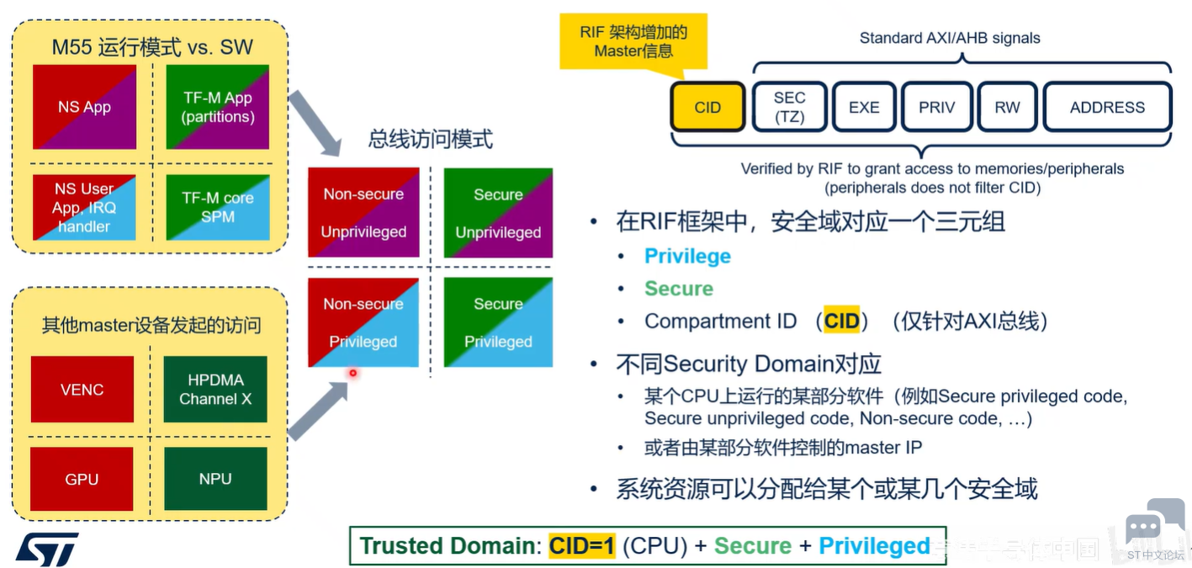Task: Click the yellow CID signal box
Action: click(707, 107)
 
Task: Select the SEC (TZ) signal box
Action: click(789, 107)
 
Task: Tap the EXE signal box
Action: click(864, 107)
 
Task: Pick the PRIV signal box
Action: click(936, 107)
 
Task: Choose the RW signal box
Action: click(1007, 107)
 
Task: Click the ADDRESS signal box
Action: click(1107, 107)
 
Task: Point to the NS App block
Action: click(84, 107)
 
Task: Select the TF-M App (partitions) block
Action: click(217, 107)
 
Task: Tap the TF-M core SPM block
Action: click(217, 207)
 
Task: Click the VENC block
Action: click(82, 389)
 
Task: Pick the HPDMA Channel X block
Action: click(215, 389)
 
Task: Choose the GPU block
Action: click(82, 479)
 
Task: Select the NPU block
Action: click(215, 479)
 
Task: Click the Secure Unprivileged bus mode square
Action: click(498, 213)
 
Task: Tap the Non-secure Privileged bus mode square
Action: click(363, 322)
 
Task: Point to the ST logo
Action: click(47, 549)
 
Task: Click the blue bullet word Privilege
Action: click(687, 256)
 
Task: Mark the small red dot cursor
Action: click(352, 373)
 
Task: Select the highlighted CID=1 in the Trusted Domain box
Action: click(582, 545)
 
